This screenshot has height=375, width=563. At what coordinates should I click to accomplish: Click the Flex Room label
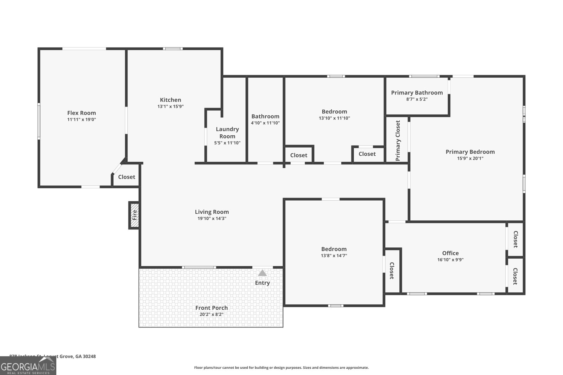(x=82, y=113)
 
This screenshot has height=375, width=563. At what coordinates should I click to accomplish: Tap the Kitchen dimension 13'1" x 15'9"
(x=171, y=106)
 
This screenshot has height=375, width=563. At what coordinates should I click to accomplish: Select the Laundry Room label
(x=227, y=132)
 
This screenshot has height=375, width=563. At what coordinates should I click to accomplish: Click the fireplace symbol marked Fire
(x=134, y=215)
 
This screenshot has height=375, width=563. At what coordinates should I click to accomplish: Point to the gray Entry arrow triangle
(x=262, y=273)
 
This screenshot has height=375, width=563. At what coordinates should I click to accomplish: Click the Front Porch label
(x=211, y=308)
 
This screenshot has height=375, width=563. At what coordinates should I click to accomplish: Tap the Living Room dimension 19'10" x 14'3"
(x=212, y=219)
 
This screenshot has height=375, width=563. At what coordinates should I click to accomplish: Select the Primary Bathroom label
(x=417, y=93)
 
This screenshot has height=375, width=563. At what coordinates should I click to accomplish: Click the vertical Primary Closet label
(x=398, y=141)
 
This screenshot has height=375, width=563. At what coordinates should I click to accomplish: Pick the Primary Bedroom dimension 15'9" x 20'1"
(x=470, y=159)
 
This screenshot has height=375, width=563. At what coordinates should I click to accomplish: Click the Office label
(x=450, y=253)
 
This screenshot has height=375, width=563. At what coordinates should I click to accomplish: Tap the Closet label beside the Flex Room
(x=127, y=177)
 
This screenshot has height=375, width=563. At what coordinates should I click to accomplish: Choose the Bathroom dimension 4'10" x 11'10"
(x=265, y=123)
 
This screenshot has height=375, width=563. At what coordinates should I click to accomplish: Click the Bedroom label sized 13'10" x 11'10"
(x=334, y=112)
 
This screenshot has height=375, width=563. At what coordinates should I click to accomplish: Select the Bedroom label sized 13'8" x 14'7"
(x=334, y=249)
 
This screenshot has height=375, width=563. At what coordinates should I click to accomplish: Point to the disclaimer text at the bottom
(x=281, y=368)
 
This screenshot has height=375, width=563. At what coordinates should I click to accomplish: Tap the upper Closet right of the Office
(x=515, y=239)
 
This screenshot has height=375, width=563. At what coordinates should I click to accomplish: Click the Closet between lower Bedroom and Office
(x=392, y=271)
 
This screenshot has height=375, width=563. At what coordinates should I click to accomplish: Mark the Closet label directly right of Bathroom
(x=299, y=155)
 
